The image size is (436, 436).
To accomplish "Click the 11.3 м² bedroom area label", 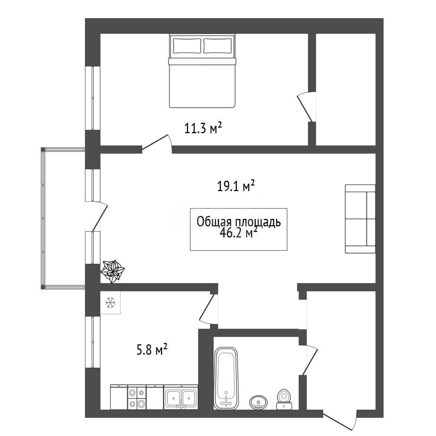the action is [203, 128].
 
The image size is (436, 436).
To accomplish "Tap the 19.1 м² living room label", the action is [236, 186].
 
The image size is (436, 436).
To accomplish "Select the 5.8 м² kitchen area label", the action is [152, 349].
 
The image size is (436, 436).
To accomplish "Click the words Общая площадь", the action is [239, 222].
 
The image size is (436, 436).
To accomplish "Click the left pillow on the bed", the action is [187, 46].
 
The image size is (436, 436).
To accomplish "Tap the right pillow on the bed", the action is [217, 46].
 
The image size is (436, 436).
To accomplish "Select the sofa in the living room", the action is [360, 219].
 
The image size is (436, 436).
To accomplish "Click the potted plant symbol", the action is [112, 271].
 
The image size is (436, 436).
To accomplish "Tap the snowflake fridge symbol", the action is [110, 302].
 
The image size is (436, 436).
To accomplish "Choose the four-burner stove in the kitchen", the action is [137, 397].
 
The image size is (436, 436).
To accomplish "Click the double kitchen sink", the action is [181, 397].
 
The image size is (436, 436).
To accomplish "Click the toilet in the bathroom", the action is [283, 399].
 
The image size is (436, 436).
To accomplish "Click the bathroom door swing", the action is [310, 360].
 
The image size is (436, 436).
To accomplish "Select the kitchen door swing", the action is [207, 309].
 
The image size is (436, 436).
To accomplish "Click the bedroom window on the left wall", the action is [93, 98].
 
